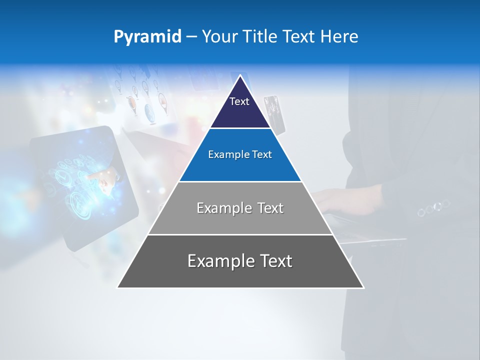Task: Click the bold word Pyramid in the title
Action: pyautogui.click(x=147, y=37)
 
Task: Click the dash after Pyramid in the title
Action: pyautogui.click(x=191, y=37)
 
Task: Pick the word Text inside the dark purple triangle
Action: pyautogui.click(x=239, y=101)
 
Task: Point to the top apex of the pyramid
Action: pyautogui.click(x=240, y=75)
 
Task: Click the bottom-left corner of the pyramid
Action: pyautogui.click(x=118, y=287)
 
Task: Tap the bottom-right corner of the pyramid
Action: pyautogui.click(x=363, y=287)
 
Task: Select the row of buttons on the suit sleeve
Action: pyautogui.click(x=433, y=207)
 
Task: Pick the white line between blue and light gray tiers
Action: pyautogui.click(x=240, y=181)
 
